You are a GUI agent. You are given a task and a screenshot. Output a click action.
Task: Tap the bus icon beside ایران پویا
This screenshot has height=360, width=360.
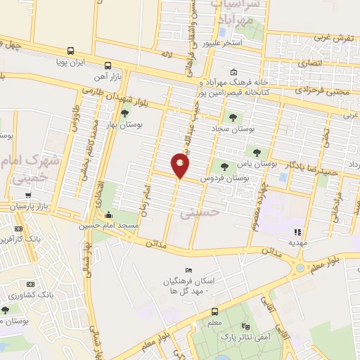pyautogui.click(x=70, y=51)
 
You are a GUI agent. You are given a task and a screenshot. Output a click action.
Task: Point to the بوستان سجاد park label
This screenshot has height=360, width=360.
pyautogui.click(x=233, y=129)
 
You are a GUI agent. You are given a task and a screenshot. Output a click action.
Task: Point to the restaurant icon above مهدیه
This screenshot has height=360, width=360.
pyautogui.click(x=297, y=231)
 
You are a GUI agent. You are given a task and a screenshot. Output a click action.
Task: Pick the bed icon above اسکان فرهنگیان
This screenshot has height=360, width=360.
pyautogui.click(x=187, y=271)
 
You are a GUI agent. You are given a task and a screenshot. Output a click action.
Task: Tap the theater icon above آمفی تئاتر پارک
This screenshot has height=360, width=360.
pyautogui.click(x=245, y=327)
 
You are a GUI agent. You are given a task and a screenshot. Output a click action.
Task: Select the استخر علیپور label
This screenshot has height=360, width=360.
pyautogui.click(x=222, y=43)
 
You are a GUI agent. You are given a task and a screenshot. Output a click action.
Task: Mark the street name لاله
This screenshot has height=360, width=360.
pyautogui.click(x=167, y=54)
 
